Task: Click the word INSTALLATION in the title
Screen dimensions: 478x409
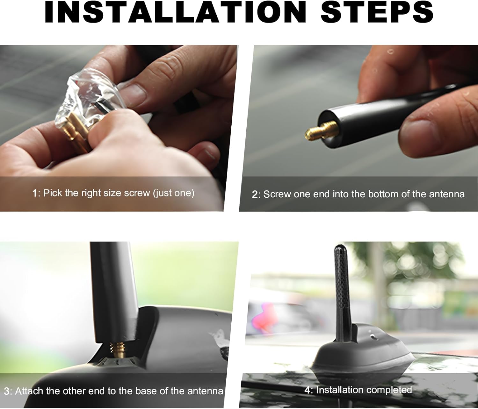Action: [x=176, y=12]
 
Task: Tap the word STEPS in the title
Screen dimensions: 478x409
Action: [x=377, y=12]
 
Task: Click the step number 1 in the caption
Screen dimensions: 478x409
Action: [x=35, y=193]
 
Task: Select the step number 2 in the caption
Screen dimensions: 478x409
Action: [x=254, y=194]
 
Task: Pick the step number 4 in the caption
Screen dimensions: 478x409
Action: [x=307, y=390]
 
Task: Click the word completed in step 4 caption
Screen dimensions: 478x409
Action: [x=389, y=390]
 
